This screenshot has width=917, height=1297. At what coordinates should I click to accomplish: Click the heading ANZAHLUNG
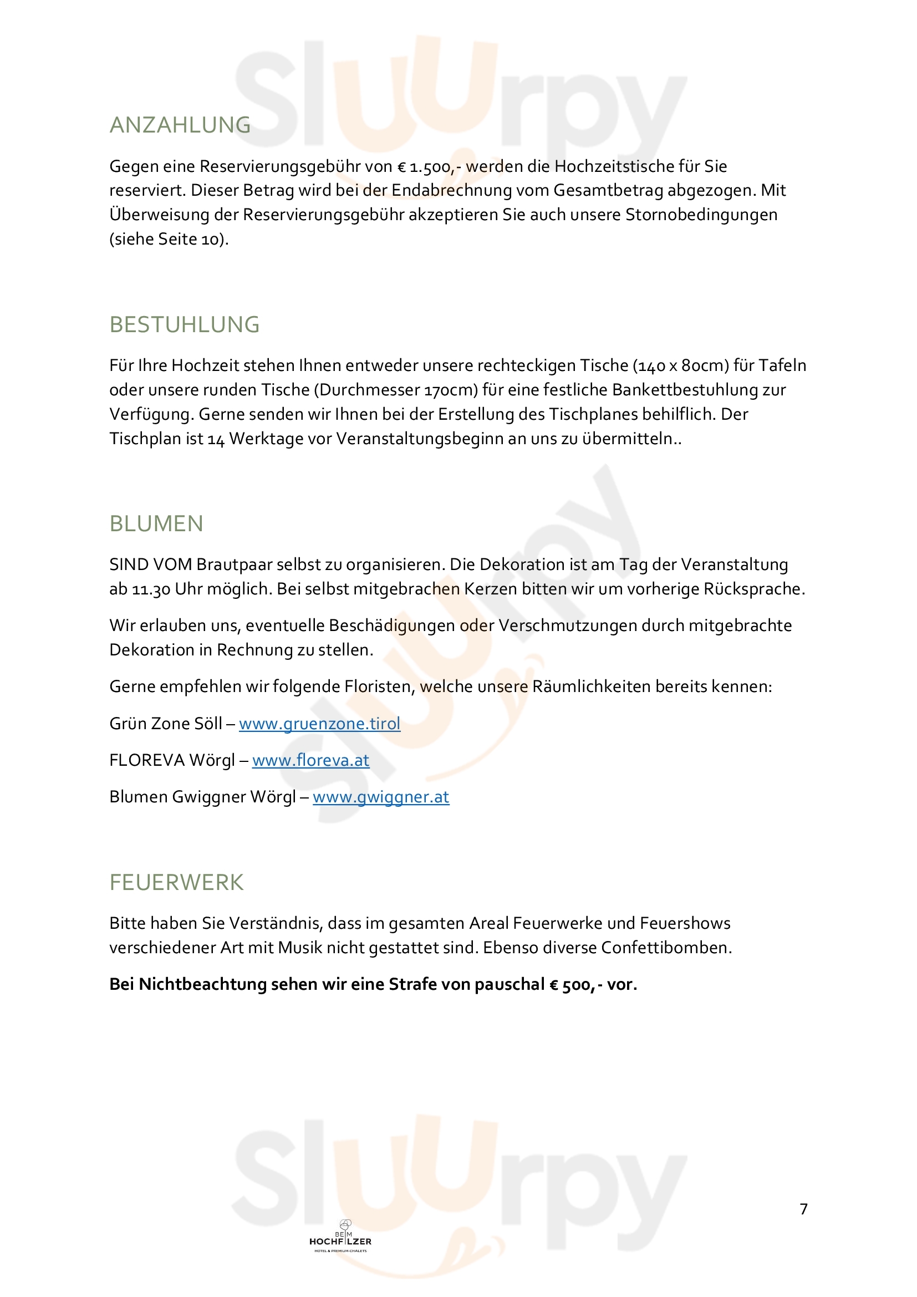tap(180, 125)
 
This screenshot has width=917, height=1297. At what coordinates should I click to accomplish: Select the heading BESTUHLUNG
tap(185, 325)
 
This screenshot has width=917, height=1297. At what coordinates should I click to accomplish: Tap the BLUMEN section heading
tap(156, 523)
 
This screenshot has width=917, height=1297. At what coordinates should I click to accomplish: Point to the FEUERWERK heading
tap(177, 882)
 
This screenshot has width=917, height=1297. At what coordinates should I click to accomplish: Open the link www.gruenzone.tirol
tap(319, 724)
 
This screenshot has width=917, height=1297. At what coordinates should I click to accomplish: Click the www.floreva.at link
tap(310, 760)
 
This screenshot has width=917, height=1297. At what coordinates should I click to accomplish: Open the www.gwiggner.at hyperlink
tap(381, 797)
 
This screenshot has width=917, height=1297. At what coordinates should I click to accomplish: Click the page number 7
tap(803, 1209)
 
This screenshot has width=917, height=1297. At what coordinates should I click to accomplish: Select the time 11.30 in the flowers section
tap(151, 589)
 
